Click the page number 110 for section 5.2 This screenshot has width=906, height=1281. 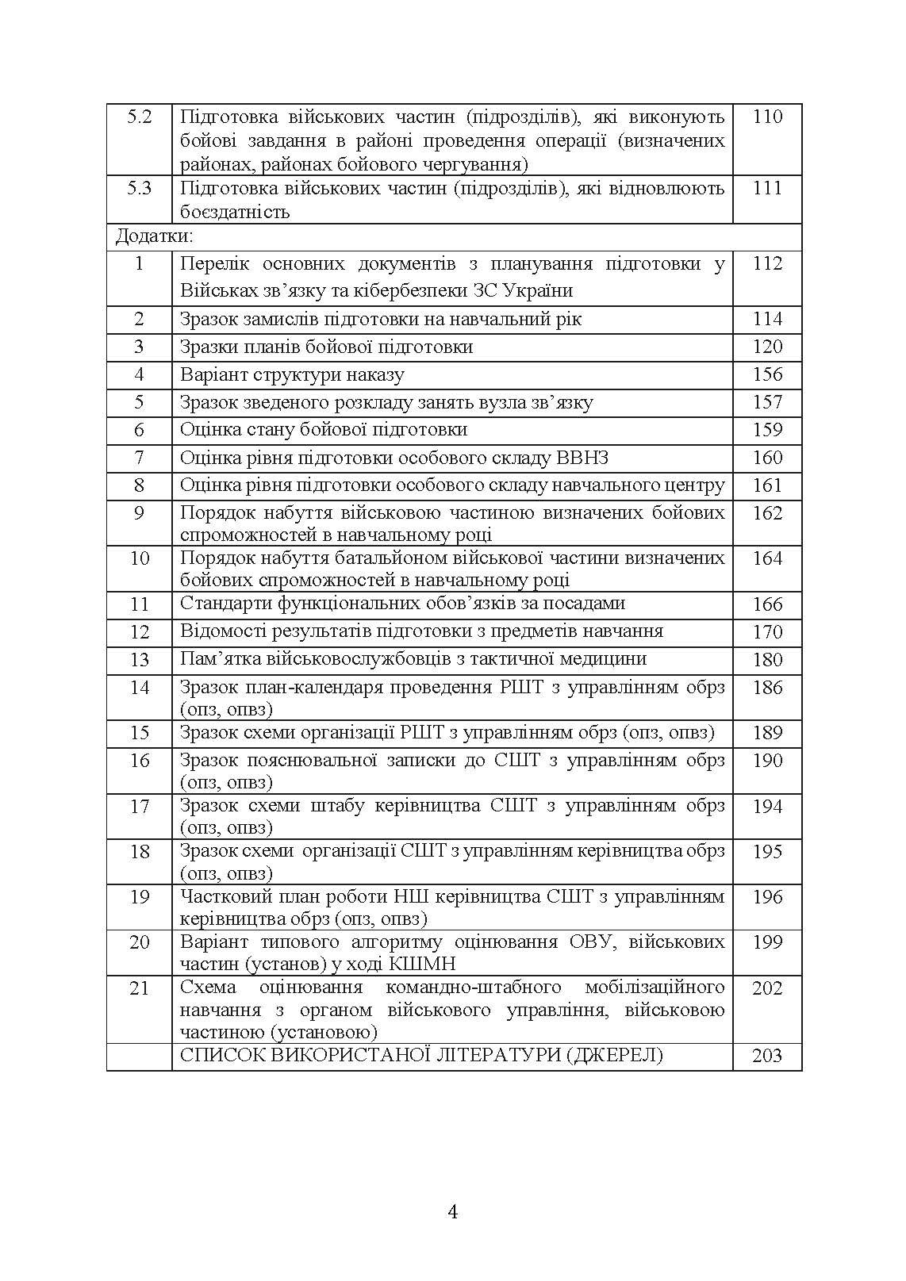(x=767, y=117)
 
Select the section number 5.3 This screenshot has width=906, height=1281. (x=140, y=188)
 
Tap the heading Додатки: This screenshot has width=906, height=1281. (x=154, y=236)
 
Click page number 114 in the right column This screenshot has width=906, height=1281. (x=767, y=319)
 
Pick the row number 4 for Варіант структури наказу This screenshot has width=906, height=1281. (x=140, y=374)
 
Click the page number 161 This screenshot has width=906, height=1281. (x=767, y=485)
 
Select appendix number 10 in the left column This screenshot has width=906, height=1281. (x=140, y=558)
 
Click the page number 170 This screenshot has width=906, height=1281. (x=767, y=632)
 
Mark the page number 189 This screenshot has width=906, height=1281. (x=767, y=733)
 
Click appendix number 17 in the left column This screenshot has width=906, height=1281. (x=140, y=807)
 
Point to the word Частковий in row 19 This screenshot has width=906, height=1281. (x=225, y=897)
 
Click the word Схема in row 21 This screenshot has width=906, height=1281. (x=208, y=988)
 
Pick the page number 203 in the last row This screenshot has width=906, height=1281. (x=767, y=1056)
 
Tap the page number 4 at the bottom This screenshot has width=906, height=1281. (x=453, y=1212)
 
